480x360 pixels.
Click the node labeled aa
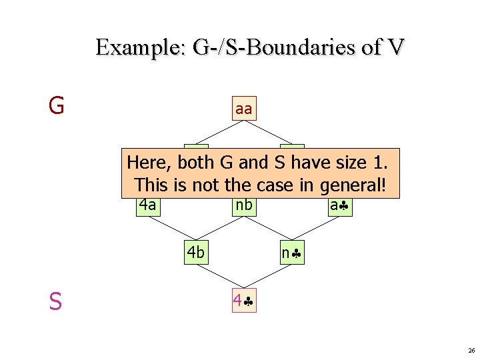244,109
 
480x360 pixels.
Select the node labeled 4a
147,205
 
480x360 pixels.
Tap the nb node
244,205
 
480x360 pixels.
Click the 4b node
196,253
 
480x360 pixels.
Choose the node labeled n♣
292,253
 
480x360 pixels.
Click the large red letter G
56,105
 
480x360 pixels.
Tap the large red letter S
55,302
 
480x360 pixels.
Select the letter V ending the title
393,48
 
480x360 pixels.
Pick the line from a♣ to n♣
316,229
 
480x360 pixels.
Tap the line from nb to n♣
268,229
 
